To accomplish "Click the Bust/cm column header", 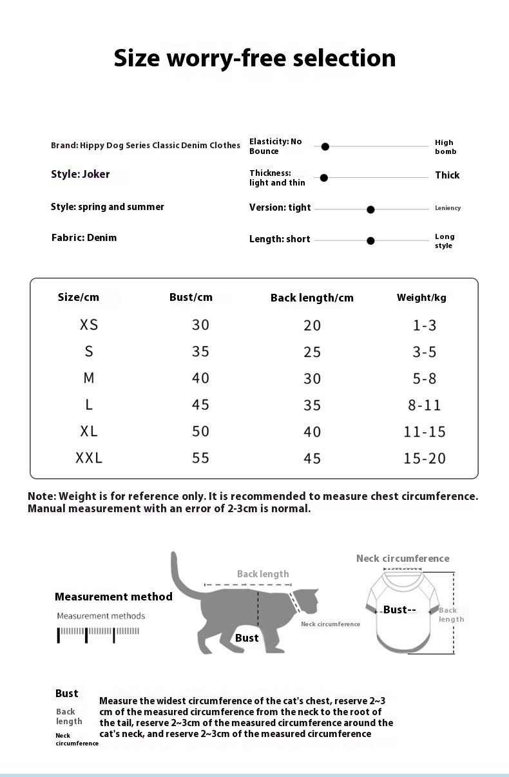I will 191,297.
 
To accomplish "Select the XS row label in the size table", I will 89,325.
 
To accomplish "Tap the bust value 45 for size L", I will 200,405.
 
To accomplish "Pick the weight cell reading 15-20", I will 425,458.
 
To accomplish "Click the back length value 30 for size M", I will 312,379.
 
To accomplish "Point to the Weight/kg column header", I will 421,297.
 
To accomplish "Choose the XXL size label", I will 89,458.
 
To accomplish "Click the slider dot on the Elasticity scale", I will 325,147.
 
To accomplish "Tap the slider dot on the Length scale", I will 370,241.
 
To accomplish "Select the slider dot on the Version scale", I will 370,209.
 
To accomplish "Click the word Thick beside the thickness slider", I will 447,175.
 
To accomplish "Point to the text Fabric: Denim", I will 84,238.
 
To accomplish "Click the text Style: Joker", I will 81,174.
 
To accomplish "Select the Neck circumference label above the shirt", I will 403,559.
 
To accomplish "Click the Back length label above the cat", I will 263,574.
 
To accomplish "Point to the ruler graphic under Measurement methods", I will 99,633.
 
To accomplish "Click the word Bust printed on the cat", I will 247,638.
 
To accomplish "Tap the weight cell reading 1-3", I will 425,325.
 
